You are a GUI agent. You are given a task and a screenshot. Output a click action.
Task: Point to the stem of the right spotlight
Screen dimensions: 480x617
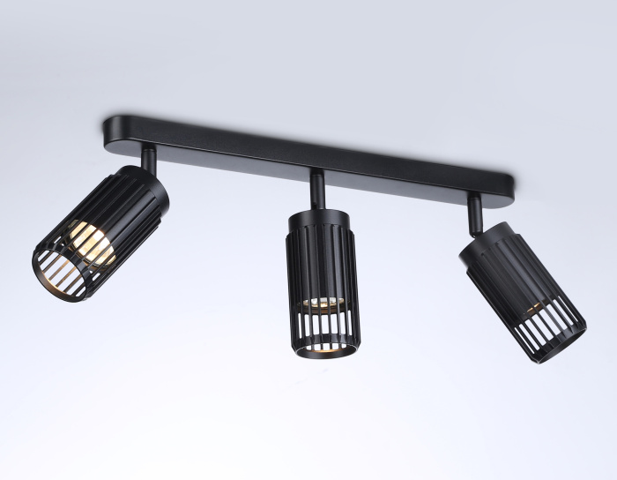pyautogui.click(x=475, y=210)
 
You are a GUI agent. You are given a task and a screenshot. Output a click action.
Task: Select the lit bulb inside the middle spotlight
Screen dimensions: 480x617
pyautogui.click(x=318, y=303)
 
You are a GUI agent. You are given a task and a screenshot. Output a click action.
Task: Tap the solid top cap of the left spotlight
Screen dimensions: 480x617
pyautogui.click(x=145, y=189)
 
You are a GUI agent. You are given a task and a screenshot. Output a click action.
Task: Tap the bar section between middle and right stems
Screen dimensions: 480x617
pyautogui.click(x=397, y=170)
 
